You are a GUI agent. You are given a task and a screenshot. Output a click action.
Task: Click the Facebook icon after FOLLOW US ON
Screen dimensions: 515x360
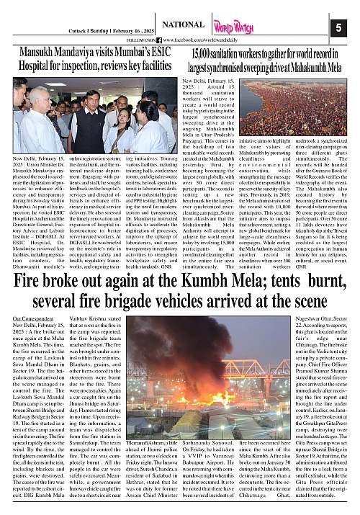(x=159, y=39)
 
